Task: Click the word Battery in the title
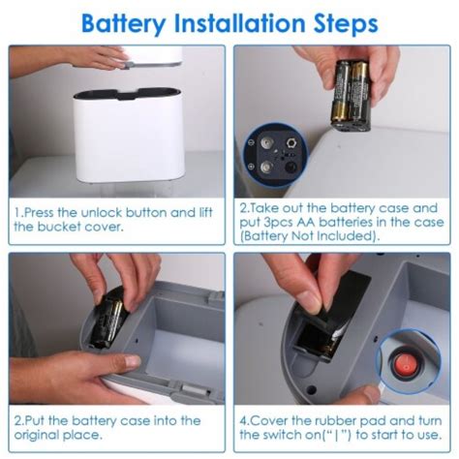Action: pos(124,24)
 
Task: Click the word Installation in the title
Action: pos(239,23)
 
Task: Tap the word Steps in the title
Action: pos(346,24)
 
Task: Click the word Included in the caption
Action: pos(345,236)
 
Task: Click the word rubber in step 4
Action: pos(335,421)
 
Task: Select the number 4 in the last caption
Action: pos(243,421)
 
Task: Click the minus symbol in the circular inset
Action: pos(251,142)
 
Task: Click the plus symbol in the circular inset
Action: pos(251,167)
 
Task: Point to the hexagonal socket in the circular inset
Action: pos(291,142)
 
